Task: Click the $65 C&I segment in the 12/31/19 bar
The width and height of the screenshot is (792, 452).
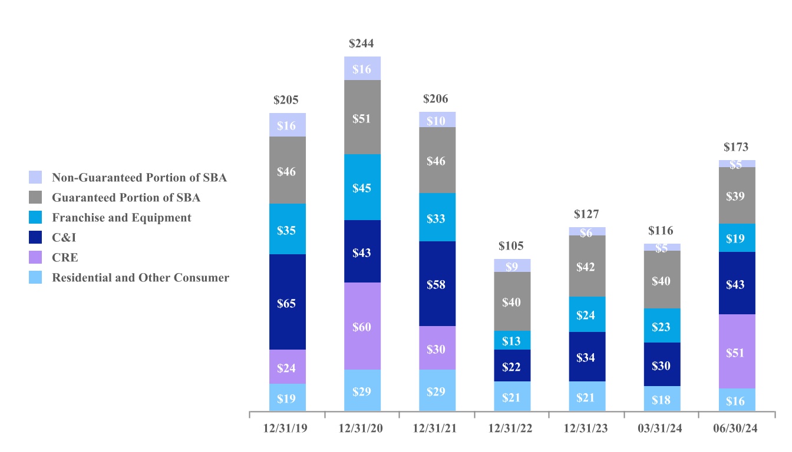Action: [287, 303]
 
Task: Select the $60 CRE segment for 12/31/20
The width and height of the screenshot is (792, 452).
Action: [362, 327]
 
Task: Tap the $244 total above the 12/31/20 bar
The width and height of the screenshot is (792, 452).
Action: [361, 44]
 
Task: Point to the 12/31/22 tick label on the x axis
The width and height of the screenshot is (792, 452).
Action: [511, 428]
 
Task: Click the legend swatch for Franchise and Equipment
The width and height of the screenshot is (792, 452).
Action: [35, 218]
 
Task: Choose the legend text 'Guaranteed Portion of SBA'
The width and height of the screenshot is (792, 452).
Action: [126, 198]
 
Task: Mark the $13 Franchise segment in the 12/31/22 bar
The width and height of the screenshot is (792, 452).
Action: [511, 341]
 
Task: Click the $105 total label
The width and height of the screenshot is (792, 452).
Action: [511, 246]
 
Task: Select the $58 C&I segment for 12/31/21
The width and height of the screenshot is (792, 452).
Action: [437, 284]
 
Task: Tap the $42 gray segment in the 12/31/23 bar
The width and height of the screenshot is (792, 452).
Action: [587, 267]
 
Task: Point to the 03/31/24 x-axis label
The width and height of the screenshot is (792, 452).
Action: [662, 428]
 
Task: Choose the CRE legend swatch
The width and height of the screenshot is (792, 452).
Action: [35, 258]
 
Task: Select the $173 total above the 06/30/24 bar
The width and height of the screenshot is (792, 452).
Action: [737, 147]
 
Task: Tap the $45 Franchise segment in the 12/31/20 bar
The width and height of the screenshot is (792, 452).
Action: [362, 188]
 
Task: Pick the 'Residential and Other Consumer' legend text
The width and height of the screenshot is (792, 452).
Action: [140, 278]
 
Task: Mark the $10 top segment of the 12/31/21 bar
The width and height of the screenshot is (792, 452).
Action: [437, 120]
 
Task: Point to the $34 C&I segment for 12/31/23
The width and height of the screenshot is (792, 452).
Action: [587, 357]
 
